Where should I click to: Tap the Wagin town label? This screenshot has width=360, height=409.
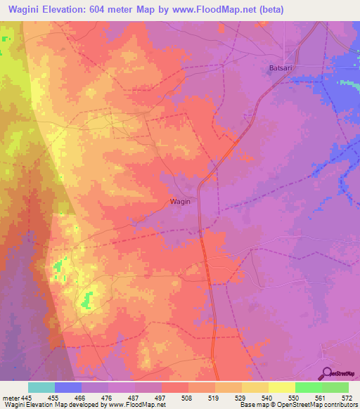[179, 201]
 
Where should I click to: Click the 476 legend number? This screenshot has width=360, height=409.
[95, 398]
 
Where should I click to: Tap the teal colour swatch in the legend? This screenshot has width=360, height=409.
[41, 387]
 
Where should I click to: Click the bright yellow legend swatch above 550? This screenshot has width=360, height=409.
[282, 387]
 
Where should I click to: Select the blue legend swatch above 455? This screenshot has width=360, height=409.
[68, 387]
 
